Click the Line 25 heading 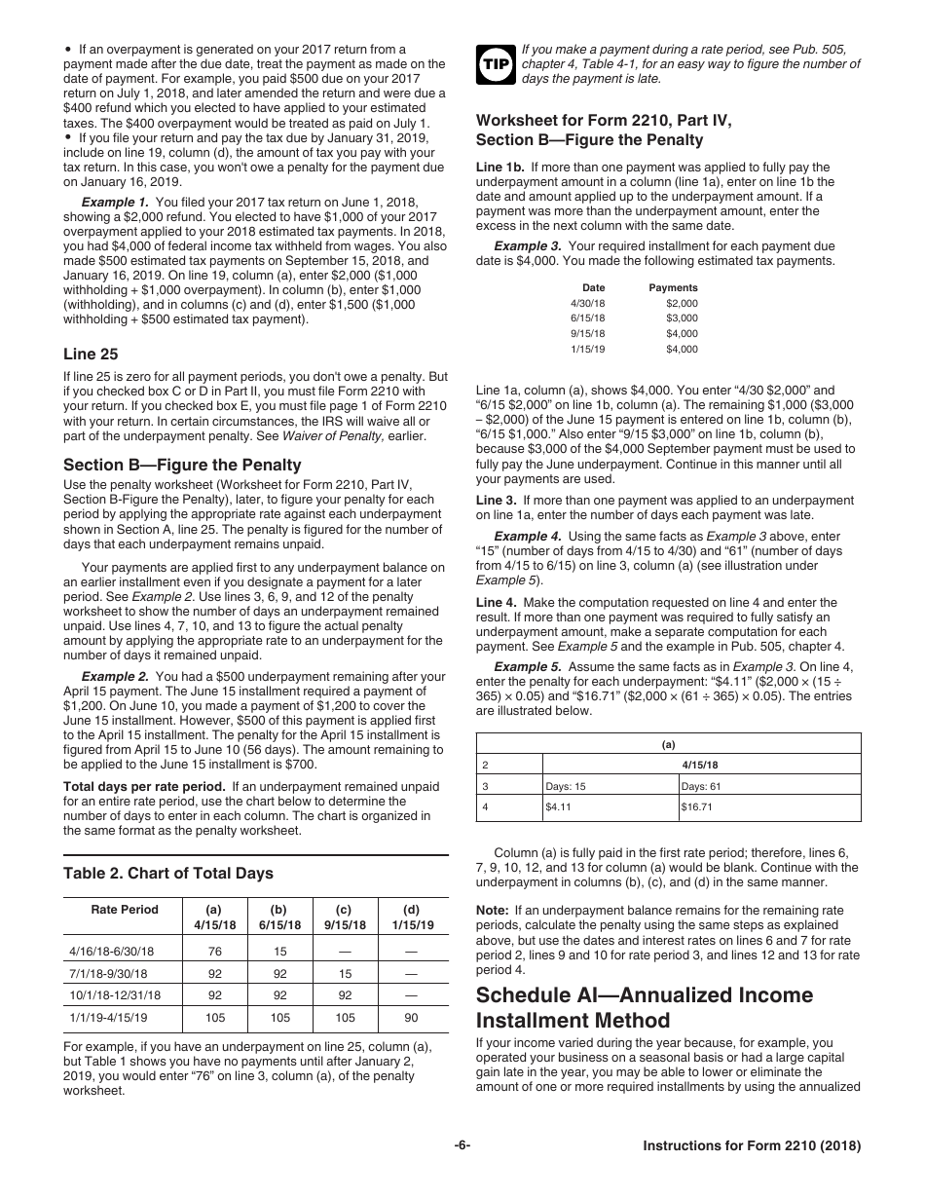[x=91, y=355]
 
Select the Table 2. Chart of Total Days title [x=168, y=874]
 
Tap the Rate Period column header [x=125, y=910]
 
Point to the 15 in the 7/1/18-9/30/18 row [x=346, y=972]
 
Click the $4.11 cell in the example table [x=558, y=807]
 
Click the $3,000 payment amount [x=682, y=318]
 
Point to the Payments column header [x=673, y=288]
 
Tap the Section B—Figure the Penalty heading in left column [x=182, y=465]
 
